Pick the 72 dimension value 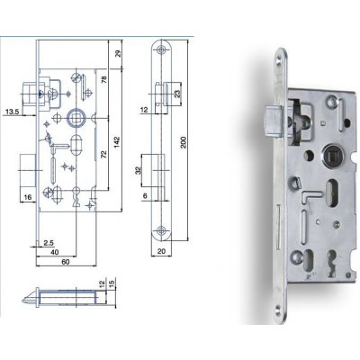[x=104, y=156]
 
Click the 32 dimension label [x=136, y=169]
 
